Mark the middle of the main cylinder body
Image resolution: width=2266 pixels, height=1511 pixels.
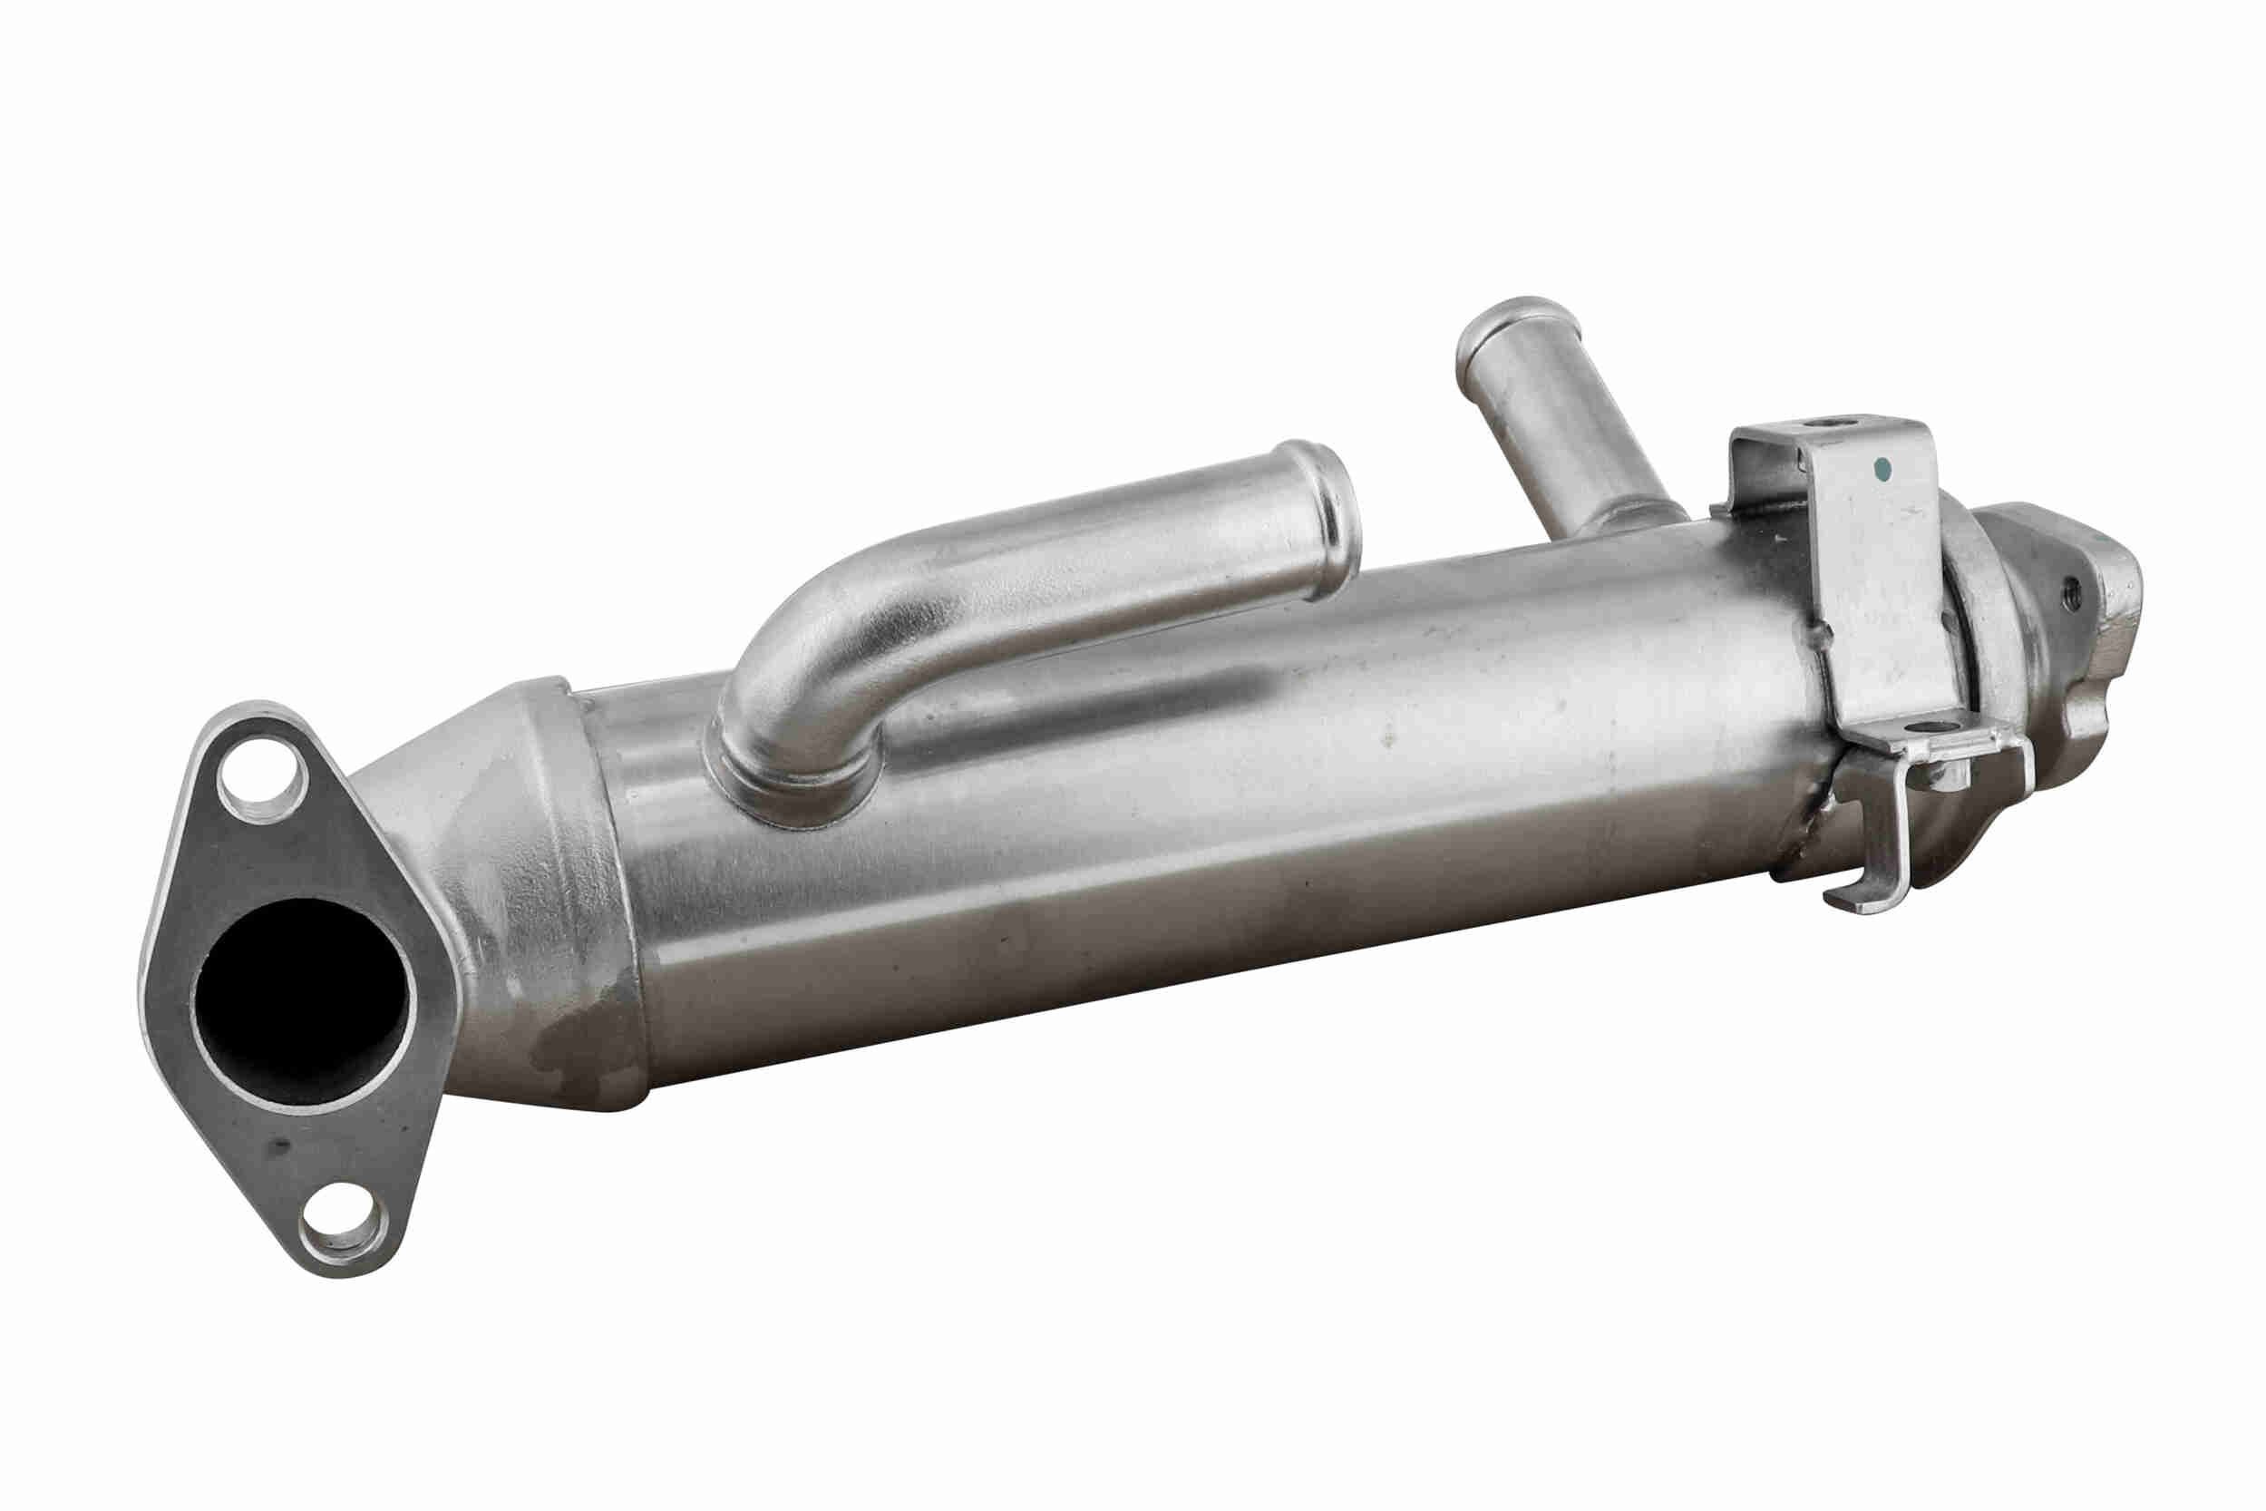(1204, 771)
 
